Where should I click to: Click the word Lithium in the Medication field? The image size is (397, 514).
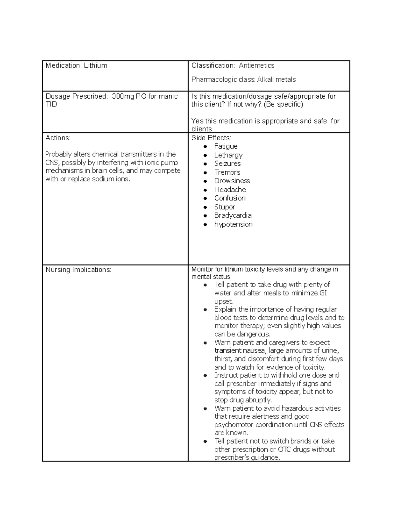[x=95, y=66]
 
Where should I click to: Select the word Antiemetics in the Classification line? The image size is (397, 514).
[x=256, y=66]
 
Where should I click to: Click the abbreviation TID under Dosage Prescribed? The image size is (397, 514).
[x=51, y=104]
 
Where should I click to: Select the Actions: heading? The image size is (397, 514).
[x=58, y=138]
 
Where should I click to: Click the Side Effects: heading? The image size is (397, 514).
[x=211, y=138]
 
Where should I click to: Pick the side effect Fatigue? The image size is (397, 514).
[x=226, y=146]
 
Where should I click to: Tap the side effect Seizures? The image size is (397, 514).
[x=227, y=164]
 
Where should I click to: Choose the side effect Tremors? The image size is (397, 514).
[x=227, y=172]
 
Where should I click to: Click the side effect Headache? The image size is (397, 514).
[x=230, y=190]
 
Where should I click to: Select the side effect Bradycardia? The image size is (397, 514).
[x=233, y=215]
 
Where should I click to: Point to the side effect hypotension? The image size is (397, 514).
[x=233, y=224]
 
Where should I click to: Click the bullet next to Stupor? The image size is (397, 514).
[x=205, y=207]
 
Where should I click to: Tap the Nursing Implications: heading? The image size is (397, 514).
[x=78, y=270]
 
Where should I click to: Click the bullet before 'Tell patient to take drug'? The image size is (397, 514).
[x=205, y=285]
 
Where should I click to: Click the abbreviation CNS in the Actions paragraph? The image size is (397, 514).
[x=51, y=163]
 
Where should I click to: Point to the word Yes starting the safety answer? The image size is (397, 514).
[x=198, y=121]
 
